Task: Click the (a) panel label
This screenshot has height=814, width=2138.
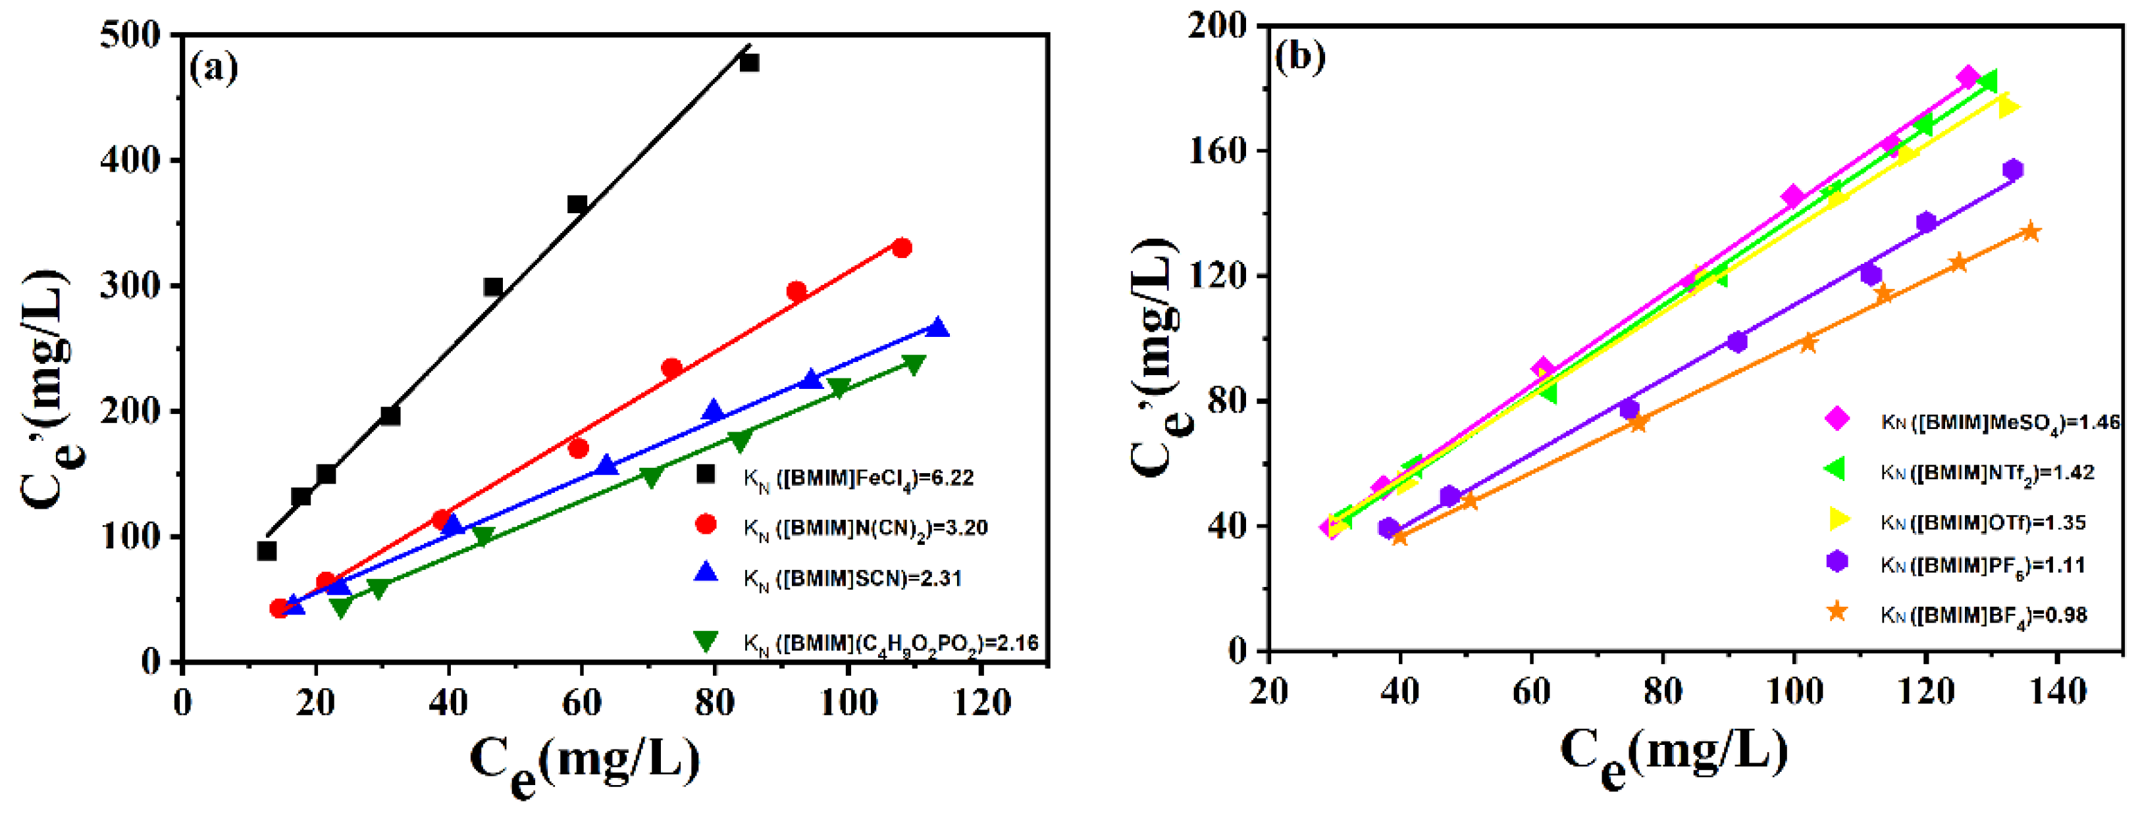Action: (x=214, y=68)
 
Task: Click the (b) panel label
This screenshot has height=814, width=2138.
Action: (x=1301, y=57)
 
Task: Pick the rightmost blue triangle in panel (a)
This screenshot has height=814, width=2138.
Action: (x=938, y=327)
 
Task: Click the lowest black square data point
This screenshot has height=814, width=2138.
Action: (x=267, y=550)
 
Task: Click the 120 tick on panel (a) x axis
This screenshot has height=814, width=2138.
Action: (x=982, y=702)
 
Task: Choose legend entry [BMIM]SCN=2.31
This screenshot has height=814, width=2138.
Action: (x=852, y=578)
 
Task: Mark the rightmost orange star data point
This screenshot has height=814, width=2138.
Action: (x=2031, y=232)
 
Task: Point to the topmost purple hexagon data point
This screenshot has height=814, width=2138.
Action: (x=2013, y=169)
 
